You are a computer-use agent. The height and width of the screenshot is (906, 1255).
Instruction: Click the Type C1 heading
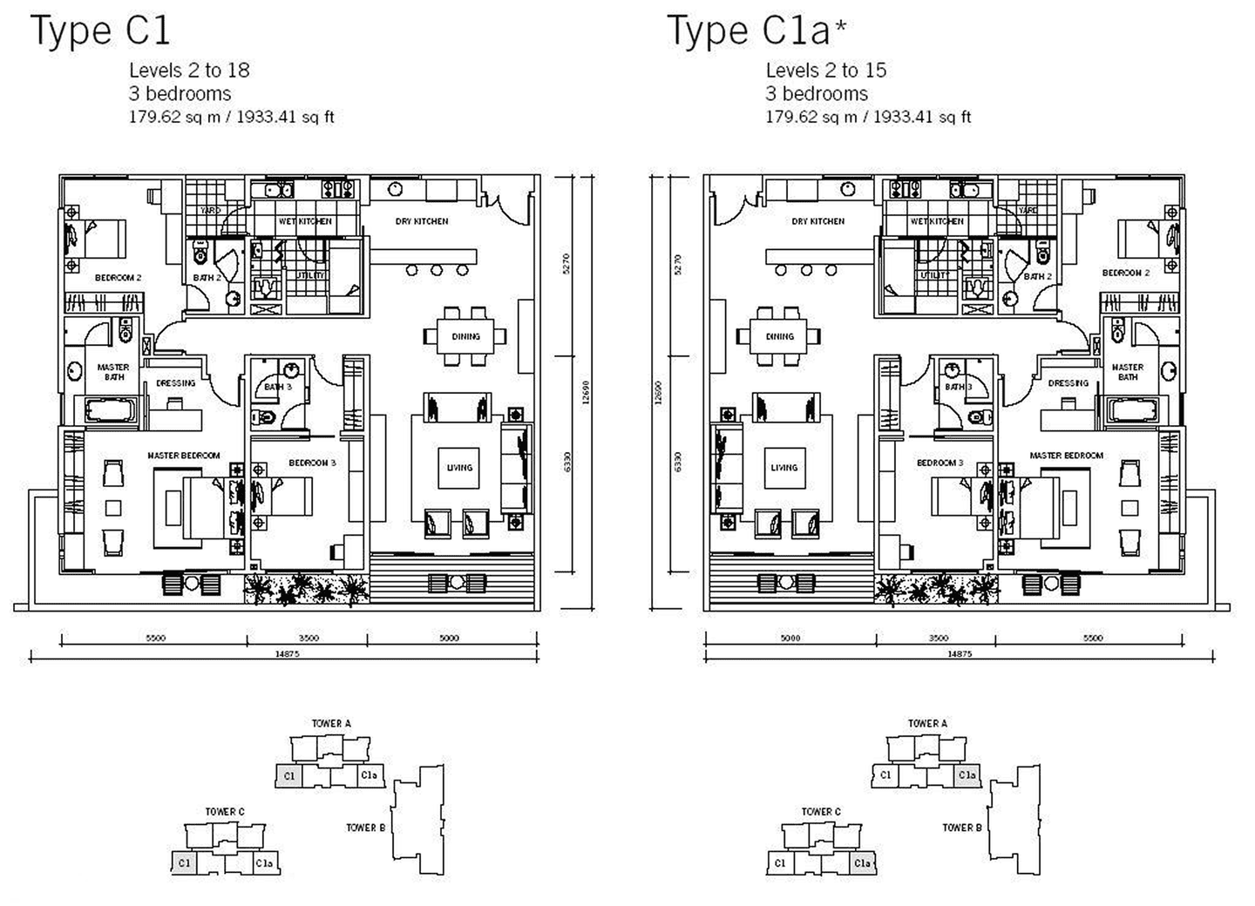pyautogui.click(x=100, y=31)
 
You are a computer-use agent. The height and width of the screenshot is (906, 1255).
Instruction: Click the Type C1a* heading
pyautogui.click(x=756, y=31)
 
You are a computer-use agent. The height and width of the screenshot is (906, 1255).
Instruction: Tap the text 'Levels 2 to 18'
pyautogui.click(x=189, y=71)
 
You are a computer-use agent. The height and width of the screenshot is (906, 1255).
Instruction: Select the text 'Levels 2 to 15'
pyautogui.click(x=825, y=71)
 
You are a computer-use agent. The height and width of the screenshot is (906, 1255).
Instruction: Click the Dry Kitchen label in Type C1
pyautogui.click(x=422, y=221)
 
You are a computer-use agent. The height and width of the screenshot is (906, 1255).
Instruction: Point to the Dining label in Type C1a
pyautogui.click(x=780, y=336)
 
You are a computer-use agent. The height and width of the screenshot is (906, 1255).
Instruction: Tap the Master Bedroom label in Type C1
pyautogui.click(x=184, y=456)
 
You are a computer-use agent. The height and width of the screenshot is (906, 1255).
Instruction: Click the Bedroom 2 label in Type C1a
pyautogui.click(x=1126, y=273)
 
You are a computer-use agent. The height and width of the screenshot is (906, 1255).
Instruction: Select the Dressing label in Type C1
pyautogui.click(x=176, y=383)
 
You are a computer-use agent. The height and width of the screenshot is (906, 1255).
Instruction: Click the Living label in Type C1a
pyautogui.click(x=784, y=468)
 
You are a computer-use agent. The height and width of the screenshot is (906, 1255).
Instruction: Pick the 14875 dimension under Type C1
pyautogui.click(x=286, y=654)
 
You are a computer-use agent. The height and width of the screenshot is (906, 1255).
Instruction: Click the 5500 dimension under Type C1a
pyautogui.click(x=1093, y=639)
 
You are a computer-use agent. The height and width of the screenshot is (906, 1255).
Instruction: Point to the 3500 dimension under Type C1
pyautogui.click(x=309, y=639)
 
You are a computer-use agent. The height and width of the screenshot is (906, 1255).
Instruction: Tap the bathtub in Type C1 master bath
pyautogui.click(x=107, y=409)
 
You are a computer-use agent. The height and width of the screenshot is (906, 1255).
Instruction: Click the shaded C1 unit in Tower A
pyautogui.click(x=288, y=775)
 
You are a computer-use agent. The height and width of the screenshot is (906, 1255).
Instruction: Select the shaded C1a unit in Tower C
pyautogui.click(x=862, y=863)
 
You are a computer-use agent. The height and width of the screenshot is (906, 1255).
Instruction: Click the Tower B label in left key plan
pyautogui.click(x=365, y=828)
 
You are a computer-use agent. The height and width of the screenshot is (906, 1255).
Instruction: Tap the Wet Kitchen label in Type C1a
pyautogui.click(x=937, y=221)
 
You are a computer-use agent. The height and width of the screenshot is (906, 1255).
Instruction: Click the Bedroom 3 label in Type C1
pyautogui.click(x=312, y=463)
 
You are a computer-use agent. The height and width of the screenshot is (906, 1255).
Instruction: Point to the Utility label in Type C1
pyautogui.click(x=310, y=275)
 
